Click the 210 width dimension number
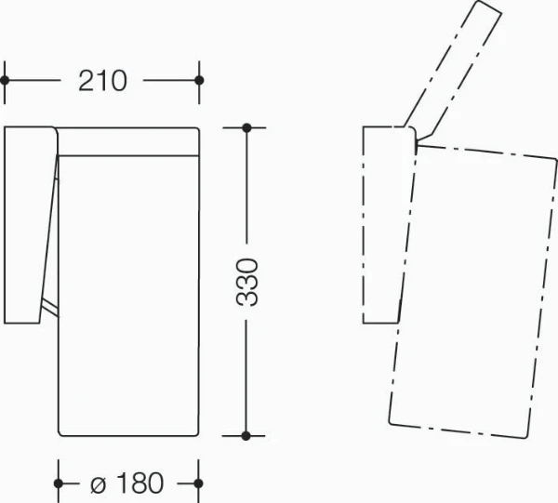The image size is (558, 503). pyautogui.click(x=102, y=81)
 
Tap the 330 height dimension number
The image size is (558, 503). pyautogui.click(x=246, y=283)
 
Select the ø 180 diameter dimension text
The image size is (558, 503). pyautogui.click(x=127, y=483)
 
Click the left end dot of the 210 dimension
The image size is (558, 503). pyautogui.click(x=5, y=80)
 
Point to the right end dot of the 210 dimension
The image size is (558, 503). pyautogui.click(x=199, y=80)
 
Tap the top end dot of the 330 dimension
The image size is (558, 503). pyautogui.click(x=246, y=127)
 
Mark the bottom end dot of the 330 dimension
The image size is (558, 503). pyautogui.click(x=246, y=435)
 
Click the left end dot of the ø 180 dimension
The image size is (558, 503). pyautogui.click(x=59, y=483)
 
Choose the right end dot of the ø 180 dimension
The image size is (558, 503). pyautogui.click(x=199, y=483)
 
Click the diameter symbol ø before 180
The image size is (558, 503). pyautogui.click(x=99, y=485)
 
